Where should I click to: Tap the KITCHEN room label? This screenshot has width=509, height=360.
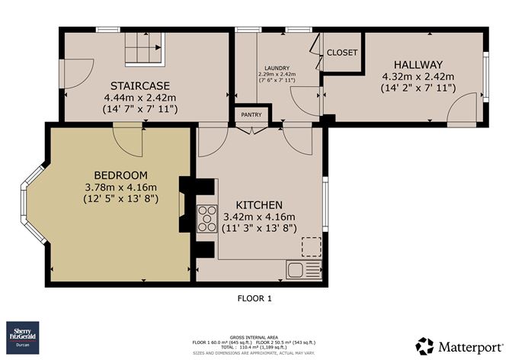tap(259, 205)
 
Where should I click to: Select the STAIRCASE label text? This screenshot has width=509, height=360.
tap(139, 85)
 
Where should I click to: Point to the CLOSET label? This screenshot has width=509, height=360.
tap(342, 53)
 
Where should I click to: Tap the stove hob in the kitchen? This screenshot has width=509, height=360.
tap(207, 219)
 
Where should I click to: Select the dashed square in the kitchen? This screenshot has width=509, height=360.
tap(311, 246)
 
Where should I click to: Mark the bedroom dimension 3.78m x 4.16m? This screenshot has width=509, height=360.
tap(120, 188)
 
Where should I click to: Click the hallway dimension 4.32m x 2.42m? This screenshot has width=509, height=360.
tap(418, 76)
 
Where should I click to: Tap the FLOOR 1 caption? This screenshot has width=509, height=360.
tap(254, 300)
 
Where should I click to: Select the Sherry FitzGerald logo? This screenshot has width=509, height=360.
tap(25, 337)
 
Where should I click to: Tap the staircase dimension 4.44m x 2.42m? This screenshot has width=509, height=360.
tap(140, 97)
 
